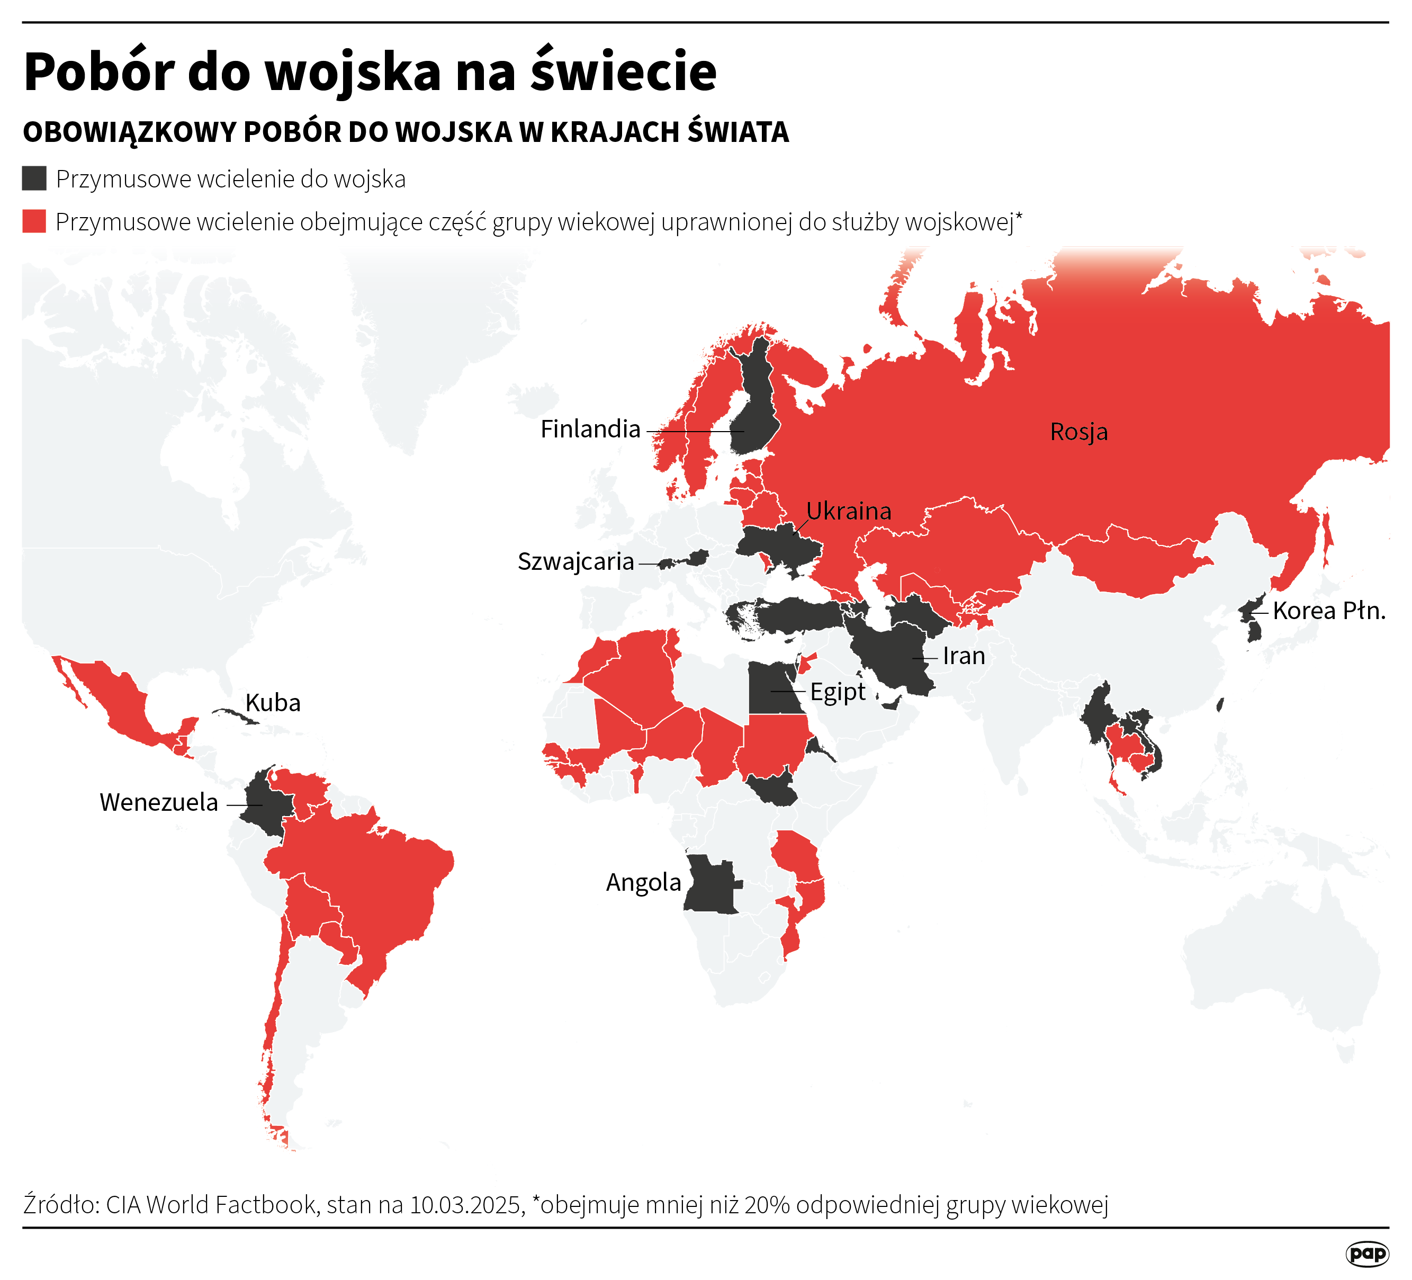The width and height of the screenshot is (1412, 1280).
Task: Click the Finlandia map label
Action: tap(590, 429)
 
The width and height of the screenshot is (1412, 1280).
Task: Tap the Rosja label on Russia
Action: tap(1078, 432)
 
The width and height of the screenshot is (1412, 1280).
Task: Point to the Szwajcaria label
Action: tap(575, 561)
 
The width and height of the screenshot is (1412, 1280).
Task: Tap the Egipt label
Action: tap(837, 692)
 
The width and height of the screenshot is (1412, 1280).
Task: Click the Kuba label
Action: tap(273, 702)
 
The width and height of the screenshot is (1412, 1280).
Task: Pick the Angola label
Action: tap(643, 882)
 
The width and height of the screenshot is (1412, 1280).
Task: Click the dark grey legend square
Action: tap(34, 178)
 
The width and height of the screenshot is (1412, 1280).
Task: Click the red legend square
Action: tap(34, 221)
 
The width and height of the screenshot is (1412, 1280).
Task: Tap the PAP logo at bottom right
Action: tap(1366, 1254)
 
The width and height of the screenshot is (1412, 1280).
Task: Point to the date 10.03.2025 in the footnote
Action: tap(466, 1204)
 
